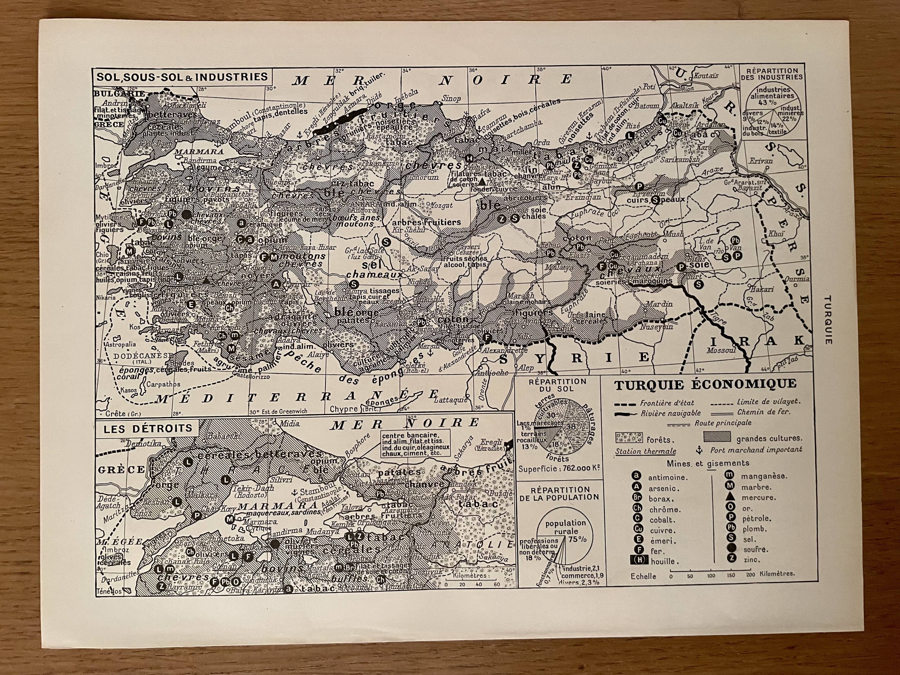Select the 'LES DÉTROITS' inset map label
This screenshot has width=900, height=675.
[x=148, y=428]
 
